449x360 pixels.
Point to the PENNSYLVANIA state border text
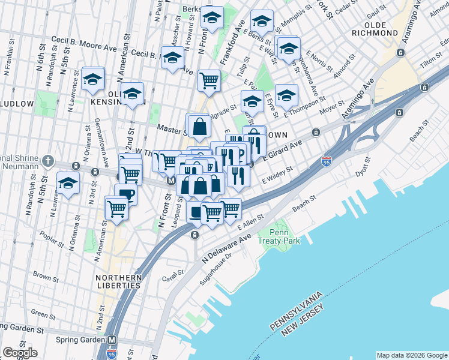(297, 311)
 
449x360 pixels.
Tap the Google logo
(20, 352)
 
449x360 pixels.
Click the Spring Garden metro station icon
(112, 340)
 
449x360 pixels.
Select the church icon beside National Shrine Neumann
(49, 161)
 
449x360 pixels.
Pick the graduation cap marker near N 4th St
(68, 184)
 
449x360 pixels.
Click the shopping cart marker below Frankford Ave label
(209, 81)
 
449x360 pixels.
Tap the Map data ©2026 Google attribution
(412, 355)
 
